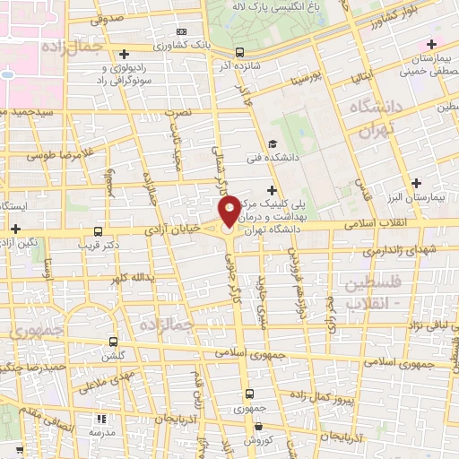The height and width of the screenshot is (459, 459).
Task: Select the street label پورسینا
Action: click(299, 80)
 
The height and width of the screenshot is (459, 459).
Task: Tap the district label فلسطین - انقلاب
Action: click(369, 293)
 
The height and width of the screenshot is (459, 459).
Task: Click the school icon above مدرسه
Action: click(98, 420)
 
